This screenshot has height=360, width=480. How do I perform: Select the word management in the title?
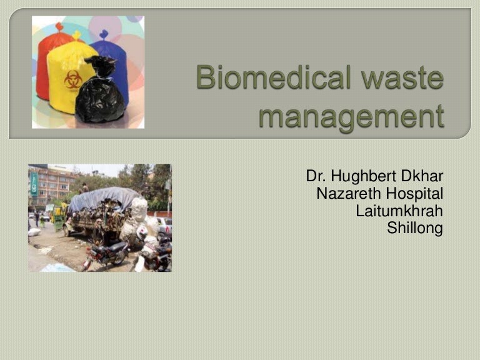pyautogui.click(x=351, y=116)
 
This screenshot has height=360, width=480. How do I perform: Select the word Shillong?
pyautogui.click(x=415, y=228)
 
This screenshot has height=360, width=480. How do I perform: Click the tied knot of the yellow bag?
pyautogui.click(x=77, y=36)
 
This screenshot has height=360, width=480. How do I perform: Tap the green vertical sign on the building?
pyautogui.click(x=34, y=185)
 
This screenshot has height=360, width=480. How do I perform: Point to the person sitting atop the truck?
pyautogui.click(x=85, y=187)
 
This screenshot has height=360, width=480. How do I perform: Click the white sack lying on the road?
pyautogui.click(x=35, y=232)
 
